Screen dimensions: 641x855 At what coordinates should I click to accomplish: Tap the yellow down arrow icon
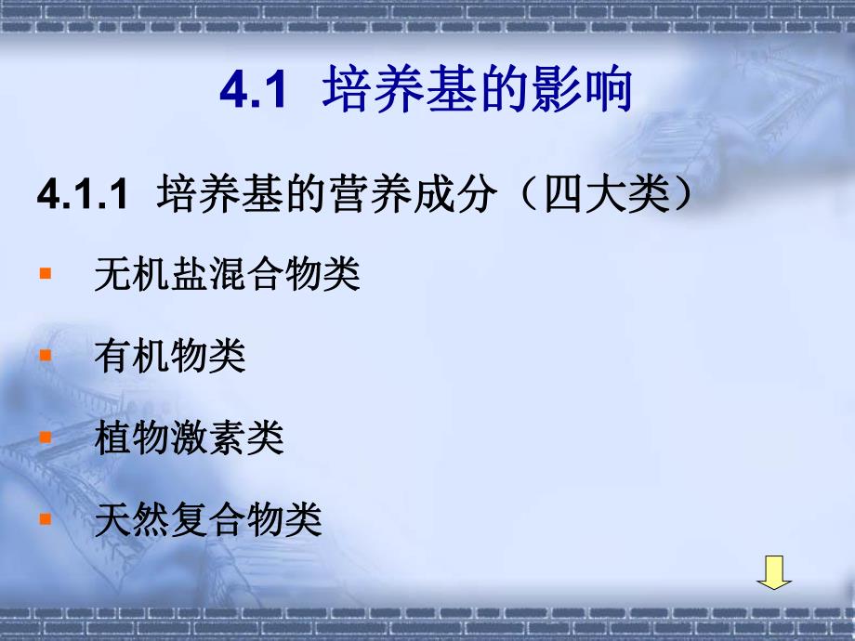pyautogui.click(x=773, y=572)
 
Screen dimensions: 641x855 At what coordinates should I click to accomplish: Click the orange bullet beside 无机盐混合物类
pyautogui.click(x=46, y=276)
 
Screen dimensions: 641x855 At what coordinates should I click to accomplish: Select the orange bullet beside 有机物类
pyautogui.click(x=46, y=356)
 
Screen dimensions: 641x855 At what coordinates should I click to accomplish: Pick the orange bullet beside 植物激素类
pyautogui.click(x=46, y=436)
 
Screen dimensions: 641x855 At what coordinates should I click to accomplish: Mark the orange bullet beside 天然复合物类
pyautogui.click(x=46, y=518)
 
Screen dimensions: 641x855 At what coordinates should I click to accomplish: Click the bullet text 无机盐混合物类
pyautogui.click(x=227, y=276)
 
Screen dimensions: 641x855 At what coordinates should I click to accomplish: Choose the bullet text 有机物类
pyautogui.click(x=169, y=356)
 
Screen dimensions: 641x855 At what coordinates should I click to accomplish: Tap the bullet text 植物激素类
pyautogui.click(x=189, y=437)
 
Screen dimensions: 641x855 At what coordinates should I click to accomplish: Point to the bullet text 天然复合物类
pyautogui.click(x=207, y=518)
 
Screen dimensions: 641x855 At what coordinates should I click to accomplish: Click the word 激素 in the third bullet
pyautogui.click(x=207, y=437)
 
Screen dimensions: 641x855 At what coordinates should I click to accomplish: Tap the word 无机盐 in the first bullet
pyautogui.click(x=151, y=276)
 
